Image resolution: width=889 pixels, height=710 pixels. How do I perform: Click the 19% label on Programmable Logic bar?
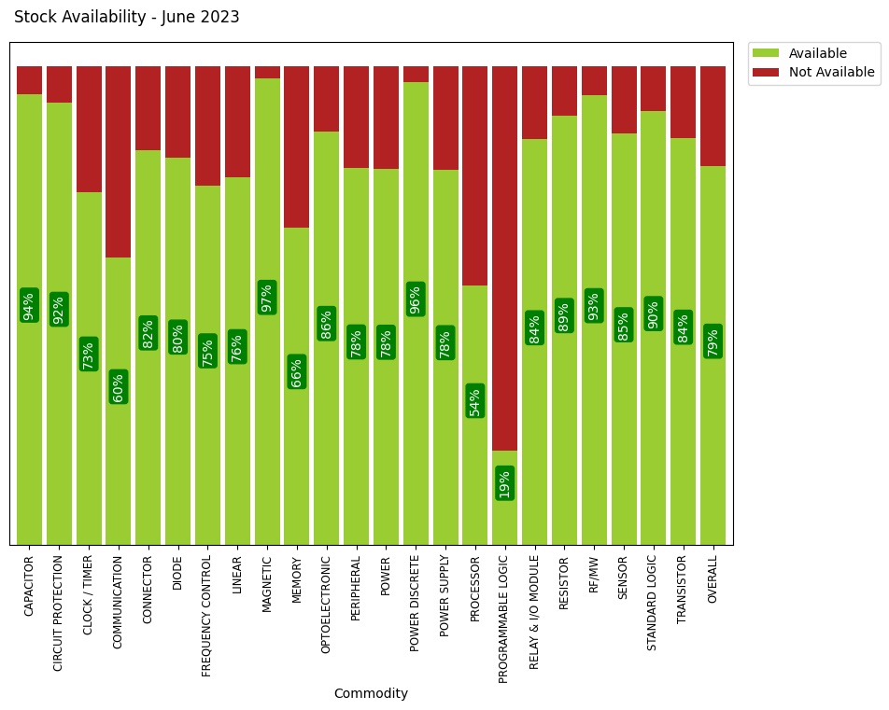[x=504, y=483]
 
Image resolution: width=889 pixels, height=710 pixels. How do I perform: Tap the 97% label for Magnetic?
[x=267, y=298]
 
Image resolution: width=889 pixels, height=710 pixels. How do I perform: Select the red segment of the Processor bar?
[x=475, y=175]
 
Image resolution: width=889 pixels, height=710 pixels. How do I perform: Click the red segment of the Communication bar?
[x=119, y=161]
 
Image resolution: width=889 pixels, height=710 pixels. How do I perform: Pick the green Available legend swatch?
[x=766, y=53]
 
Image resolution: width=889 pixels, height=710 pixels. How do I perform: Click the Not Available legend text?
[x=831, y=72]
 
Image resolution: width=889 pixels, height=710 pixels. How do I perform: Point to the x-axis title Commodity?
[x=371, y=693]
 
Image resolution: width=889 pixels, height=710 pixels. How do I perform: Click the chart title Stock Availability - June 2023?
[x=127, y=17]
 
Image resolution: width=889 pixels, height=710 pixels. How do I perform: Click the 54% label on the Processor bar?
[x=475, y=400]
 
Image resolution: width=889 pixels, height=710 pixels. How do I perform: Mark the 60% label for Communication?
[x=119, y=386]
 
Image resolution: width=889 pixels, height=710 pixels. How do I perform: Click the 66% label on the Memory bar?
[x=297, y=371]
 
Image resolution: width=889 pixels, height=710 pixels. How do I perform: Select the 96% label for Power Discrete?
[x=416, y=299]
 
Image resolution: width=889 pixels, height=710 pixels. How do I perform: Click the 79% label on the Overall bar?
[x=713, y=341]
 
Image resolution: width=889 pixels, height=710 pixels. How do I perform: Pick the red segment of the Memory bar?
[x=297, y=146]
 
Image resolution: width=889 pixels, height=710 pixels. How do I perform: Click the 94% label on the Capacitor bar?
[x=29, y=305]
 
